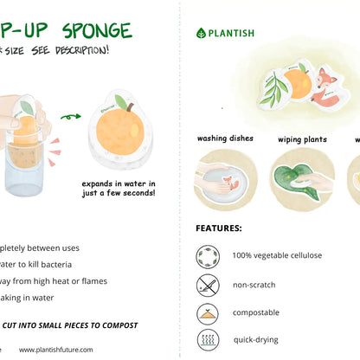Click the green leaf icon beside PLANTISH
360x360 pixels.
[201, 33]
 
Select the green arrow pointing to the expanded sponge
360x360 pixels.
[70, 115]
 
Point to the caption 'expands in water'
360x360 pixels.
[119, 183]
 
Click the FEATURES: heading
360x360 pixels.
[219, 228]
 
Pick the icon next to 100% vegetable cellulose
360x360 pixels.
[208, 256]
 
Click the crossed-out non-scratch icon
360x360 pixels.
[208, 285]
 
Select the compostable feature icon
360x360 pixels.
[208, 312]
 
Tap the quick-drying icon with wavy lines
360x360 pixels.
[208, 339]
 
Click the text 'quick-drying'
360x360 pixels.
[257, 340]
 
